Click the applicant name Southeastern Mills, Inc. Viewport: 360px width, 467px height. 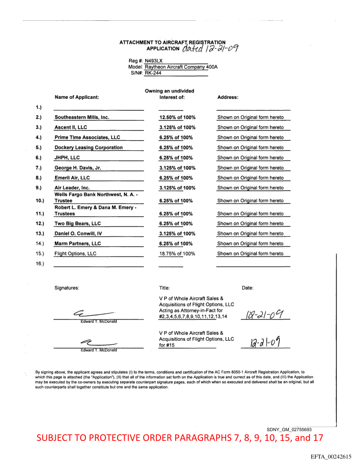tap(82, 118)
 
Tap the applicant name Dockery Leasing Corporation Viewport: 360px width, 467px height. tap(88, 148)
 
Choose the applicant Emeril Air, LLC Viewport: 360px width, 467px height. tap(72, 178)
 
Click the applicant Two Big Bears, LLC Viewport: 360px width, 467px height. tap(77, 224)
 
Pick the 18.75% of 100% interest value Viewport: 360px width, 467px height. tap(177, 254)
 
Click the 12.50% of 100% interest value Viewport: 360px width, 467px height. tap(177, 118)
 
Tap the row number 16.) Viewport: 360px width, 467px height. tap(40, 264)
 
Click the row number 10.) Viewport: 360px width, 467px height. tap(40, 201)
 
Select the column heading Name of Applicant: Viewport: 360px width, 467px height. tap(77, 97)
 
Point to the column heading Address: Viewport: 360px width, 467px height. tap(228, 97)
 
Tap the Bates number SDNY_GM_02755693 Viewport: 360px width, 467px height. tap(289, 429)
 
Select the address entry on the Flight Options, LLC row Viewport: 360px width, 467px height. tap(250, 254)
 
